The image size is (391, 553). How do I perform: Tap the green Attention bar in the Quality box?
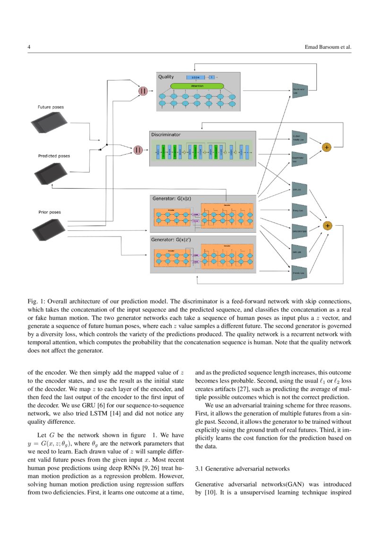point(197,86)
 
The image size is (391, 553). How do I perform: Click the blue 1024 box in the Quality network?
point(195,77)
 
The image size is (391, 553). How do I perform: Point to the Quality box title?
point(166,77)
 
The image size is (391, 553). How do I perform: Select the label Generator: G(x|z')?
point(171,239)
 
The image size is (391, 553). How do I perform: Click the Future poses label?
point(51,107)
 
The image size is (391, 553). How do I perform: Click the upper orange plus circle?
point(326,147)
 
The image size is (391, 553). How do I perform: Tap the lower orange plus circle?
point(327,226)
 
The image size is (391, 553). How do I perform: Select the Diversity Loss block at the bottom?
point(300,272)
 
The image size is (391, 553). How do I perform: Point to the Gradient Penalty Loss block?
point(300,138)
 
